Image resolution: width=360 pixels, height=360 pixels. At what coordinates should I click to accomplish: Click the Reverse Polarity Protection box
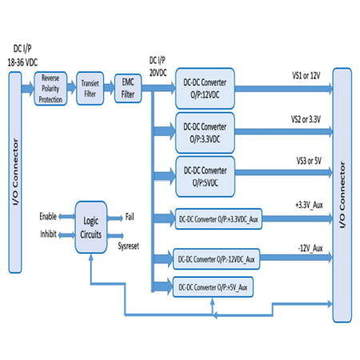tap(50, 89)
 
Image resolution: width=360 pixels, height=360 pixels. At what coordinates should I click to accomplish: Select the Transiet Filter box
tap(90, 88)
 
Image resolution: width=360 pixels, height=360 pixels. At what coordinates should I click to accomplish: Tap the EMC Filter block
tap(128, 88)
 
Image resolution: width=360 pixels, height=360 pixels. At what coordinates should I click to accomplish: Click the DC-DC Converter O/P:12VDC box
tap(205, 89)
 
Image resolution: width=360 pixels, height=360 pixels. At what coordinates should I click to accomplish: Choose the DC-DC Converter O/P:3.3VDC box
tap(205, 133)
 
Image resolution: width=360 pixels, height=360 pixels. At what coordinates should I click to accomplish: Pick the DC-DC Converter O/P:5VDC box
tap(205, 177)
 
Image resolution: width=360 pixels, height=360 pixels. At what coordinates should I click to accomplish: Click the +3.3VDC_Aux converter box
tap(218, 219)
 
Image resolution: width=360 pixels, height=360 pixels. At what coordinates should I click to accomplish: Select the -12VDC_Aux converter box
tap(216, 259)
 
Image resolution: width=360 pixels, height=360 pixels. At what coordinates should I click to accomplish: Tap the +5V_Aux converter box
tap(213, 287)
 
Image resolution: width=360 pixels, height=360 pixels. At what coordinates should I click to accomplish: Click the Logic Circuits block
tap(91, 227)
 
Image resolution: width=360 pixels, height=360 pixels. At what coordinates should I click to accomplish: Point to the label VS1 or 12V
tap(306, 76)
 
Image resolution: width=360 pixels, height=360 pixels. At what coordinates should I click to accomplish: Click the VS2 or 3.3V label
tap(306, 119)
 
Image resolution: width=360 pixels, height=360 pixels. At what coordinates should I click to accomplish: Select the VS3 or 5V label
tap(309, 161)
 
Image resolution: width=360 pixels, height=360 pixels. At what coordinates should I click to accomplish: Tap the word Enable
tap(48, 216)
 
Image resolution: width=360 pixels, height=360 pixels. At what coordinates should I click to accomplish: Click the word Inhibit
tap(48, 234)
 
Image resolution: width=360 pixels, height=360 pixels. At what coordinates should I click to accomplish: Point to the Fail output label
tap(130, 217)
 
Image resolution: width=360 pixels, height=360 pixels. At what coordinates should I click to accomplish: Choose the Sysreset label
tap(129, 246)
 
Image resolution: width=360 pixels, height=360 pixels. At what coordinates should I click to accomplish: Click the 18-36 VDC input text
tap(22, 62)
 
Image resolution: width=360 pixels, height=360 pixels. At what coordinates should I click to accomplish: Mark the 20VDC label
tap(158, 72)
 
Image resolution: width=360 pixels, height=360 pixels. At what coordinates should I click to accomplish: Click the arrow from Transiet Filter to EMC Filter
tap(109, 87)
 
